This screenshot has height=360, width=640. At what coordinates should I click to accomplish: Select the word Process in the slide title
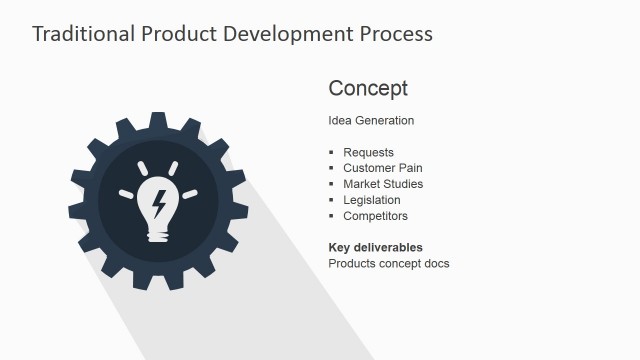[x=394, y=33]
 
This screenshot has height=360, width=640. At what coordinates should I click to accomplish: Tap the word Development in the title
[x=278, y=33]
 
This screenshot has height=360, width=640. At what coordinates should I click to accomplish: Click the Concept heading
[x=368, y=88]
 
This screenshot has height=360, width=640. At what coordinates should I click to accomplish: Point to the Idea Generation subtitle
[x=371, y=121]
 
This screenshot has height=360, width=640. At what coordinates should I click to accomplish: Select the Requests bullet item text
[x=368, y=153]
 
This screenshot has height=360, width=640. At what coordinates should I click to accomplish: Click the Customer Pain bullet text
[x=383, y=168]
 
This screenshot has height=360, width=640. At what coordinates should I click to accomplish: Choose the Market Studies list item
[x=383, y=184]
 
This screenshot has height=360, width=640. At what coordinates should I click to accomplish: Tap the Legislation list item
[x=371, y=200]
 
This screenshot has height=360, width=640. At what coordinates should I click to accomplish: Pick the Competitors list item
[x=375, y=216]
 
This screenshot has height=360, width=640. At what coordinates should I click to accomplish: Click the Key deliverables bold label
[x=375, y=247]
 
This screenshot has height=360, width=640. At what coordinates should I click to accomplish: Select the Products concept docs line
[x=389, y=264]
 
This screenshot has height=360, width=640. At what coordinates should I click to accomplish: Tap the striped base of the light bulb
[x=157, y=234]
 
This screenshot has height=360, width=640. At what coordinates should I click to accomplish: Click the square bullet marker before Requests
[x=332, y=153]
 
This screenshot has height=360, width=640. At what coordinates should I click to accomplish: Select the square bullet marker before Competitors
[x=332, y=216]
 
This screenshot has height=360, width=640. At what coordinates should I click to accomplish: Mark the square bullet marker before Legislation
[x=332, y=200]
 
